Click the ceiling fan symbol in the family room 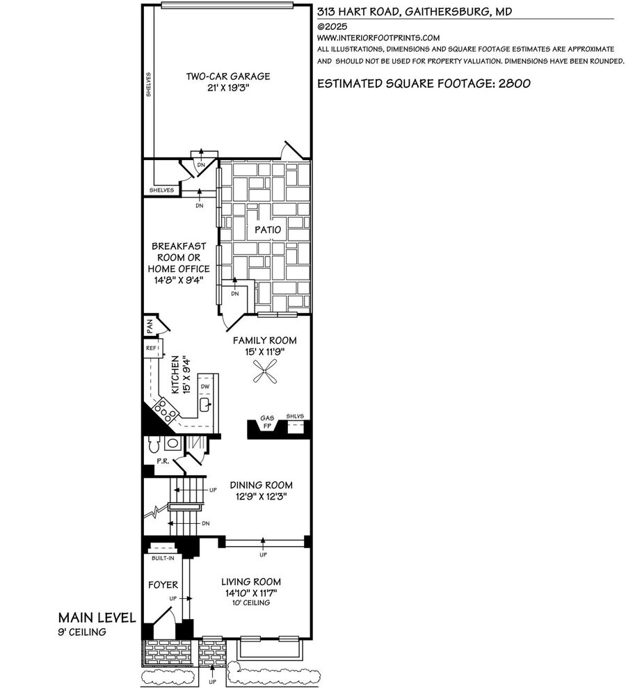pos(266,371)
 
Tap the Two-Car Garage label pos(228,77)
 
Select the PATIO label pos(268,230)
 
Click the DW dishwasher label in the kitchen pos(205,387)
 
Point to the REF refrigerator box pos(153,349)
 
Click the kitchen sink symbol pos(205,405)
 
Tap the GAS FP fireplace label pos(267,422)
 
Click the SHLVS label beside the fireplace pos(295,416)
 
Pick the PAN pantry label pos(149,326)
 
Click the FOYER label pos(163,585)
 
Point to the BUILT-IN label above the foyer pos(163,558)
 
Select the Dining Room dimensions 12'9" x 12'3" pos(261,497)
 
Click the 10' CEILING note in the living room pos(251,603)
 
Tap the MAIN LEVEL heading pos(97,618)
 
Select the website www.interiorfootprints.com pos(378,38)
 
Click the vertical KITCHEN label pos(175,374)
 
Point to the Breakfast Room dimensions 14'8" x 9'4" pos(179,280)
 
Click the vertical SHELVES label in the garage pos(149,85)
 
